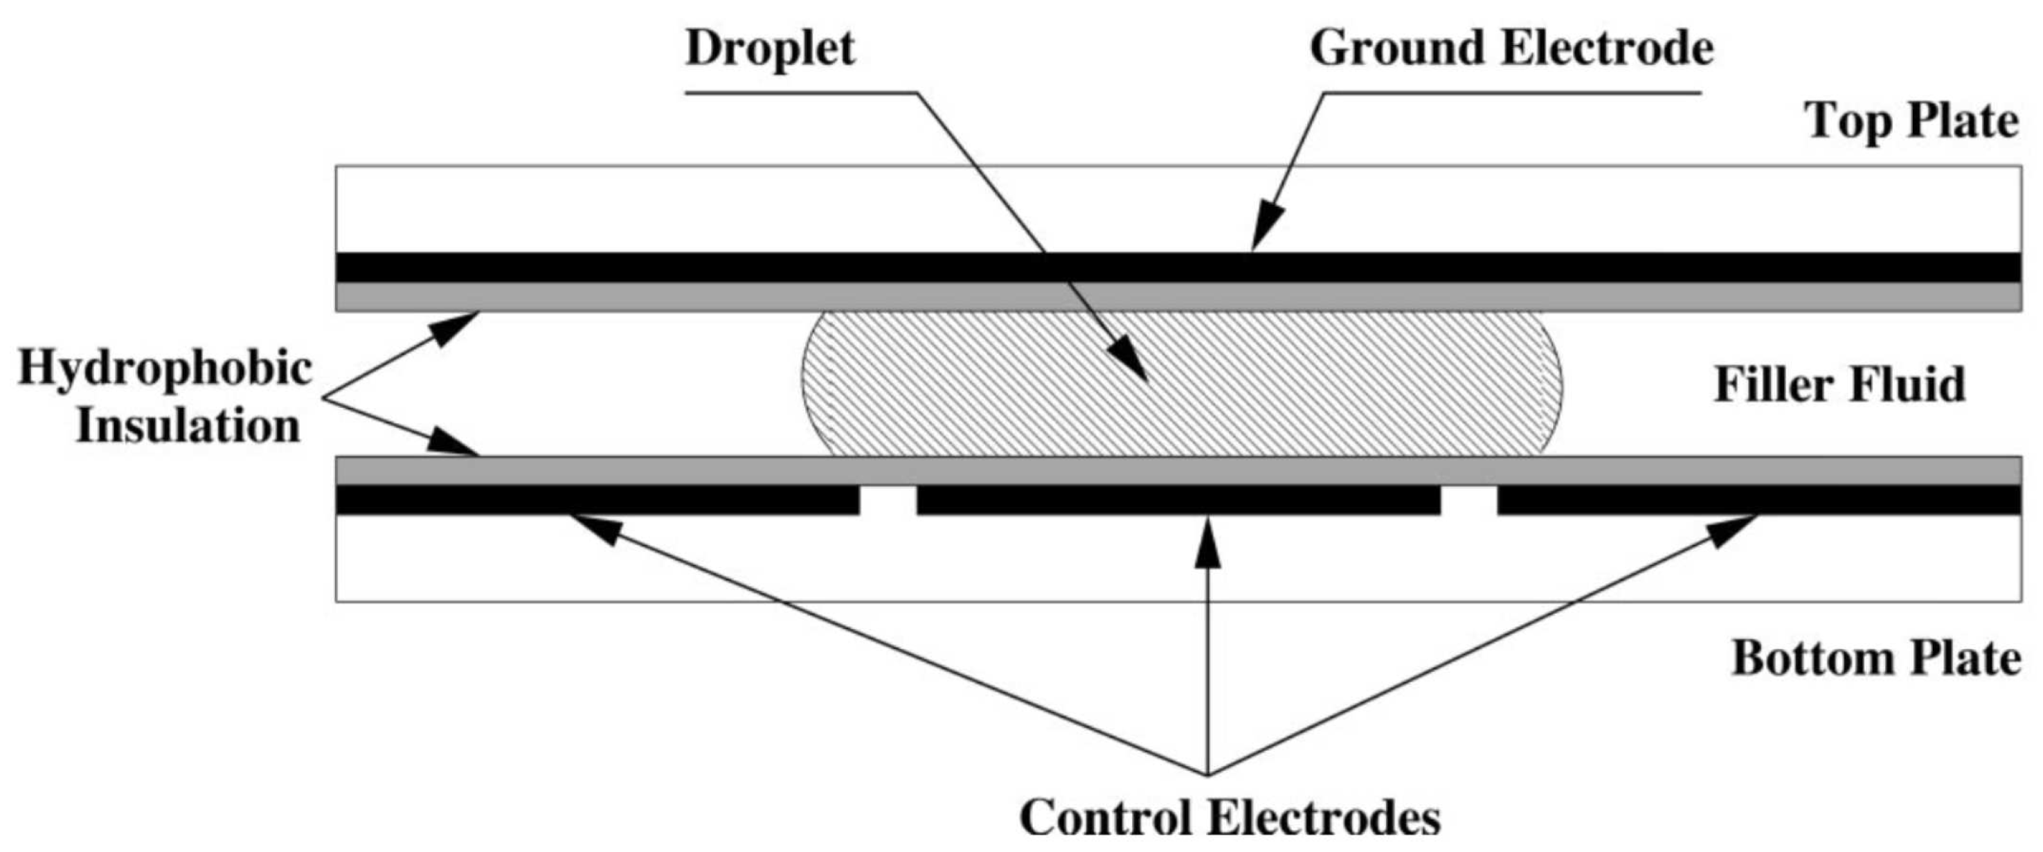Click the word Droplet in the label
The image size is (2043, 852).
pyautogui.click(x=770, y=49)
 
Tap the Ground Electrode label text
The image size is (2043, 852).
pyautogui.click(x=1511, y=49)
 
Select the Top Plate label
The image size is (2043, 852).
pyautogui.click(x=1911, y=122)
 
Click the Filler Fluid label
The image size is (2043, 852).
pyautogui.click(x=1840, y=386)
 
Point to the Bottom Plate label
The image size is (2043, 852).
pyautogui.click(x=1875, y=659)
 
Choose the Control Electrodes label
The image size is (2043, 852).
pyautogui.click(x=1230, y=817)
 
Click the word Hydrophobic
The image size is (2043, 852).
pyautogui.click(x=165, y=370)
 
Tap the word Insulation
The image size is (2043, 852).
pyautogui.click(x=188, y=427)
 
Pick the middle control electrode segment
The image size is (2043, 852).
pyautogui.click(x=1178, y=500)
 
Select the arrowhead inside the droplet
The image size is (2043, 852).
pyautogui.click(x=1129, y=362)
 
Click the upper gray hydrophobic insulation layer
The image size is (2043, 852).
pyautogui.click(x=634, y=296)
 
